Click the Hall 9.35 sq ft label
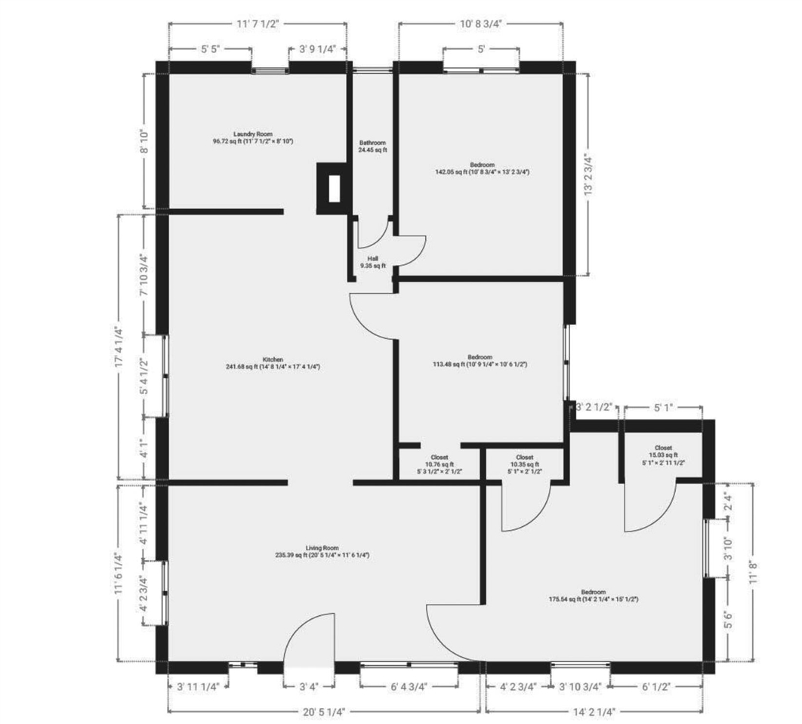coord(372,261)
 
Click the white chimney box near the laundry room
coord(333,189)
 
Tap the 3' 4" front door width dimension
coord(307,687)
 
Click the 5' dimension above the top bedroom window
coord(481,49)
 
